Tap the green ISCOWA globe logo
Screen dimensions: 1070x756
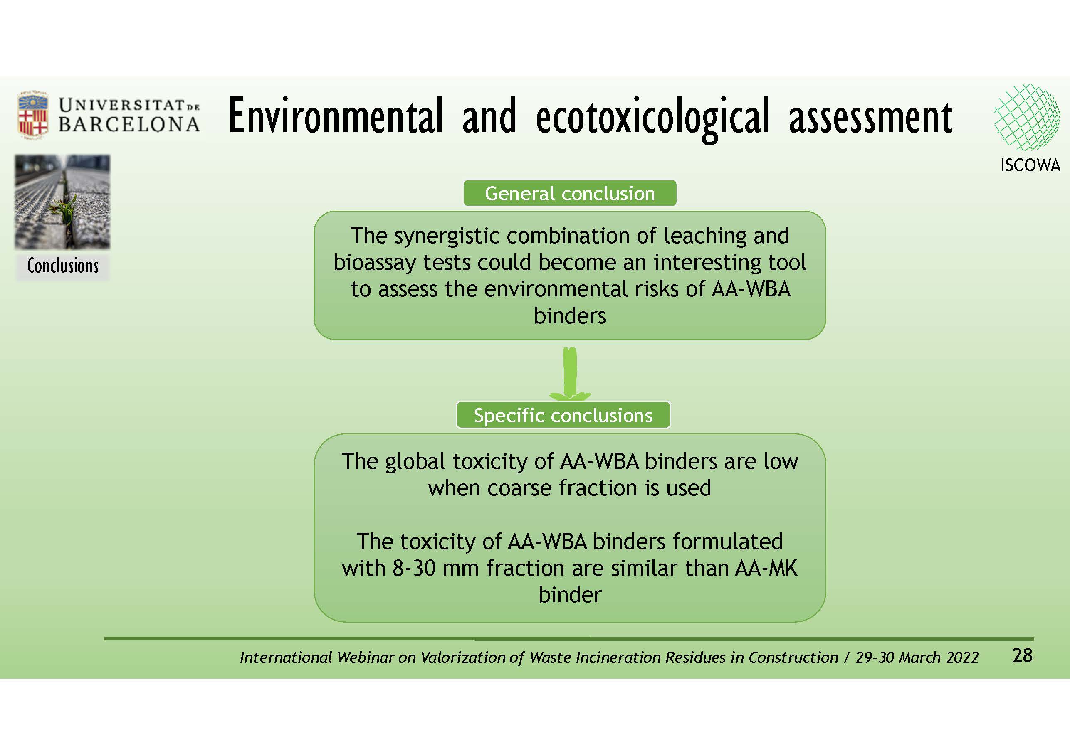[1027, 117]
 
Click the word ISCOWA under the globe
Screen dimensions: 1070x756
[1030, 165]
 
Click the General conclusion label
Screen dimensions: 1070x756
[569, 193]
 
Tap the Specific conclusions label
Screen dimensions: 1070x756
[563, 415]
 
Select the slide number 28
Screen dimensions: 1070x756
[1023, 655]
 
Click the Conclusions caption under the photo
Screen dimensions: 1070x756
[62, 266]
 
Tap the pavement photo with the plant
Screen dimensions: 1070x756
[62, 202]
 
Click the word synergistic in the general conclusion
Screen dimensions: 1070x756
[447, 236]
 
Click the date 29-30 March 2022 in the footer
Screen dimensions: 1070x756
[917, 657]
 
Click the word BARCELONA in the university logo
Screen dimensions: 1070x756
[129, 124]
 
